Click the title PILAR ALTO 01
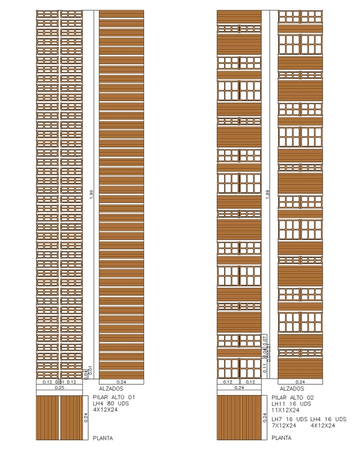tap(114, 398)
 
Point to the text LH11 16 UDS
tap(291, 403)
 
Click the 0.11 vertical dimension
tap(263, 368)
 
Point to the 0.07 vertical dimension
tap(264, 339)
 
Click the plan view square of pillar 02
tap(238, 417)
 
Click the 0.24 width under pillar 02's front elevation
tap(238, 388)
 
